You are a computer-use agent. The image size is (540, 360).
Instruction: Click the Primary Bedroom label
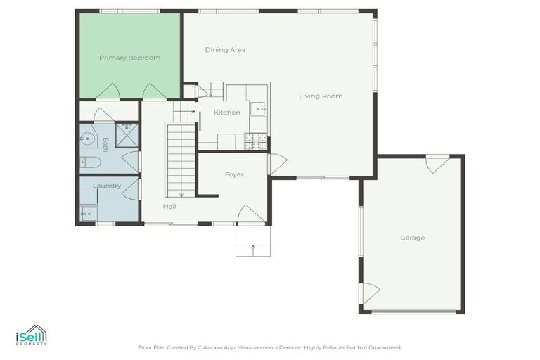pos(129,58)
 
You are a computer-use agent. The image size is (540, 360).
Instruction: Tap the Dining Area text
pos(225,50)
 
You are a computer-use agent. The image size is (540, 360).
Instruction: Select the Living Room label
pos(321,96)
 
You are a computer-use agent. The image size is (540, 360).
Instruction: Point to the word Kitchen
pos(227,112)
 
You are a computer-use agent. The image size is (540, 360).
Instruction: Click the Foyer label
pos(234,174)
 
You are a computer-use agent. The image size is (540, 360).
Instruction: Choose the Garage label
pos(412,238)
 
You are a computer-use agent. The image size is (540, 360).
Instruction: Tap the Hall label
pos(169,207)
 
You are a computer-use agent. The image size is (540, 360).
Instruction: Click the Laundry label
pos(107,186)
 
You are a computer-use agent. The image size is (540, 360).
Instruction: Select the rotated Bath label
pos(105,144)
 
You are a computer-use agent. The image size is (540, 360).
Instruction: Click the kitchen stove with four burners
pos(255,142)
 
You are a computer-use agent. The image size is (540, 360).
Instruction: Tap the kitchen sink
pos(259,109)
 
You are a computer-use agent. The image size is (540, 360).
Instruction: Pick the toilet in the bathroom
pos(90,162)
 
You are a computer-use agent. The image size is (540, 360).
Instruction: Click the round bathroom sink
pos(87,138)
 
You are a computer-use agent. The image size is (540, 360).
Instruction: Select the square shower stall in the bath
pos(127,135)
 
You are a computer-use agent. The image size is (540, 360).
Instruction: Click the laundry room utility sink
pos(88,213)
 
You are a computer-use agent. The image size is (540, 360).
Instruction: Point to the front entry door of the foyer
pos(250,215)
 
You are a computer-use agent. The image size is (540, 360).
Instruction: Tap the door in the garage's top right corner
pos(437,165)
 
